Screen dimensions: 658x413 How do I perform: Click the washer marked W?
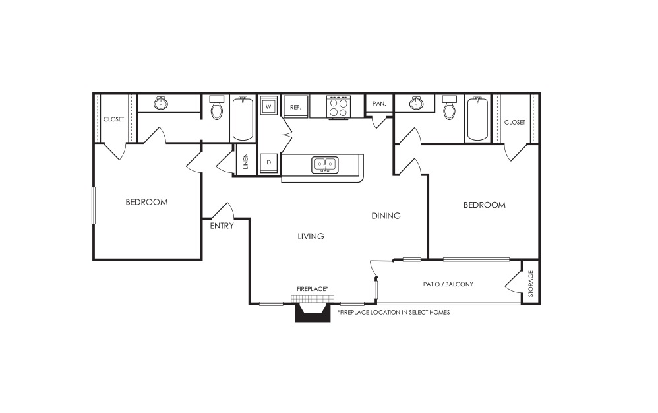point(268,107)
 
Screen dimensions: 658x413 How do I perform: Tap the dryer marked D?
point(268,162)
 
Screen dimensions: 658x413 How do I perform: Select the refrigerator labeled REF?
point(296,107)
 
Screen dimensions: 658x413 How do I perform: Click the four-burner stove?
point(339,108)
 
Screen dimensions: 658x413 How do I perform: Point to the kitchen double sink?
point(325,164)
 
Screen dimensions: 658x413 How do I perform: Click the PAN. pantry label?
point(379,103)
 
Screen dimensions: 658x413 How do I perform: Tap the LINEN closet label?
point(245,161)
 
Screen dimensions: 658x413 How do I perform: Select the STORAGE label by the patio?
point(531,283)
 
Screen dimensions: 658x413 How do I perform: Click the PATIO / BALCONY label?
point(448,284)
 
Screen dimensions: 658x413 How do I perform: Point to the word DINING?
point(386,216)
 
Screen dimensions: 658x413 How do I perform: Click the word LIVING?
point(311,236)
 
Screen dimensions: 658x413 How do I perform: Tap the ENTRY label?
point(222,226)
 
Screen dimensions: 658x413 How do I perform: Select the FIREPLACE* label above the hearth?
point(313,289)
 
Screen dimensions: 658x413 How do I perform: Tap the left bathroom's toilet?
point(216,107)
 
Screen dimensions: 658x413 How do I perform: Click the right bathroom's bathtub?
point(477,119)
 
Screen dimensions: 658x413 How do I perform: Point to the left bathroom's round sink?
point(161,103)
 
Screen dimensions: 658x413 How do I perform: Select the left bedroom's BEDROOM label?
point(147,203)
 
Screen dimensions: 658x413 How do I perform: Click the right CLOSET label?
point(514,122)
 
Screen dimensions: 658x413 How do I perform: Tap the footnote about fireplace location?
point(394,312)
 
